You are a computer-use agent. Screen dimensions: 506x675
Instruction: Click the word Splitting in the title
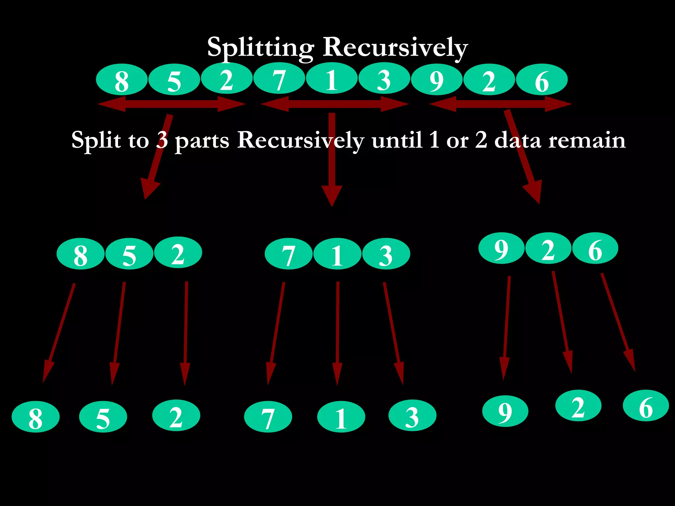pos(260,48)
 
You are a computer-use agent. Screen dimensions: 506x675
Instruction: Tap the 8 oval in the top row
pos(122,80)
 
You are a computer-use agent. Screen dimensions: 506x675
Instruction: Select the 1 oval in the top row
pos(332,79)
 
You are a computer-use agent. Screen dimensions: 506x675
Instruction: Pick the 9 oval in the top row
pos(436,80)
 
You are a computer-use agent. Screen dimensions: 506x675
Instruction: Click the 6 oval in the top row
pos(542,80)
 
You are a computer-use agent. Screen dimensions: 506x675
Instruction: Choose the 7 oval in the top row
pos(279,79)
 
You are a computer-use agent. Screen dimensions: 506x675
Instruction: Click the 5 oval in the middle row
pos(129,254)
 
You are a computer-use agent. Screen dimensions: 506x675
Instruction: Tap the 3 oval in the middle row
pos(386,254)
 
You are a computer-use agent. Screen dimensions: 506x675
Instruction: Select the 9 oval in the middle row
pos(501,248)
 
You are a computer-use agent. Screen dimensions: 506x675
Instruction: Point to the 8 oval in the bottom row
pos(36,417)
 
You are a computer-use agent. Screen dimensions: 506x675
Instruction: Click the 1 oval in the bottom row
pos(341,417)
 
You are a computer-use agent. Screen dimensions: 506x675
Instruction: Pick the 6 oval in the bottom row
pos(646,406)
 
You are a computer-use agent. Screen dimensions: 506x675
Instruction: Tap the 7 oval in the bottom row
pos(268,417)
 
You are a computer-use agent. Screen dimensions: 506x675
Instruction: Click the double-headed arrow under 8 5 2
pos(171,104)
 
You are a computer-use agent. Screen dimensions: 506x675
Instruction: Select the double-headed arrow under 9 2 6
pos(500,104)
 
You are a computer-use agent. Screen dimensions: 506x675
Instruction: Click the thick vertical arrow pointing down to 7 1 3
pos(332,158)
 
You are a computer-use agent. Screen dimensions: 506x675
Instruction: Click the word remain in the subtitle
pos(587,140)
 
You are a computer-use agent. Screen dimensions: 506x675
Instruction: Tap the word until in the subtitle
pos(397,140)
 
